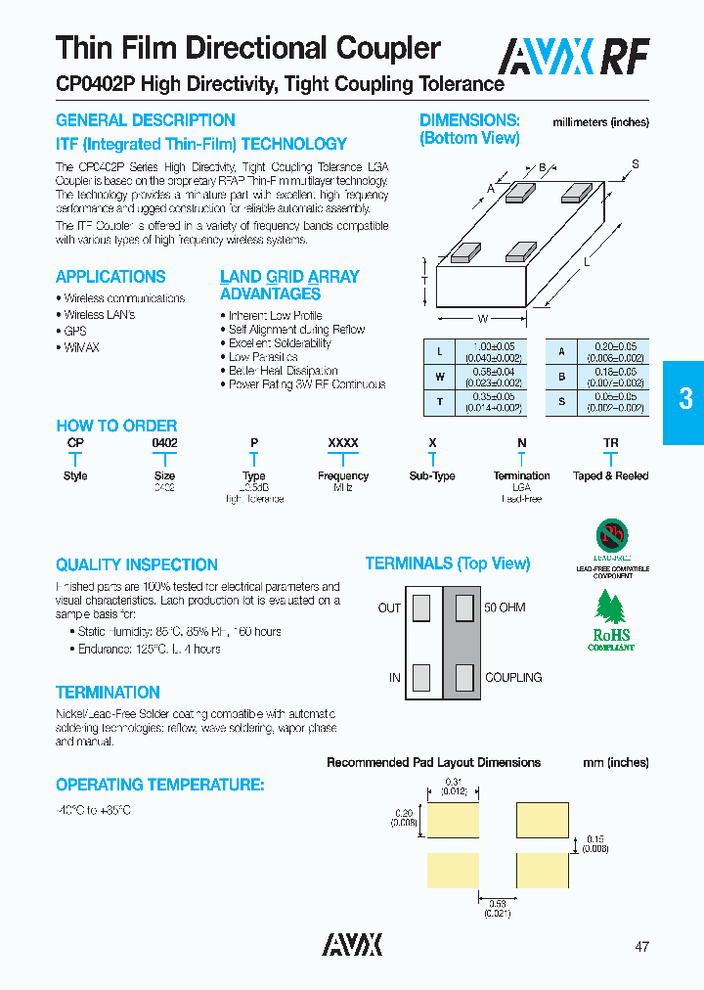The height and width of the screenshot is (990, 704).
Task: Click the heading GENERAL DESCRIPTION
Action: [145, 120]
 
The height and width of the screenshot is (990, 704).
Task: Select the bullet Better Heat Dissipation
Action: [283, 371]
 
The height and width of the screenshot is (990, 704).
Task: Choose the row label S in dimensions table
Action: [561, 401]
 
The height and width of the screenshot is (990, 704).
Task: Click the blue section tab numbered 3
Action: [685, 399]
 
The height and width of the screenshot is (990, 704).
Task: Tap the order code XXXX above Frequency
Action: [342, 443]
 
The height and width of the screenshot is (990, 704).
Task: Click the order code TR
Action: [610, 443]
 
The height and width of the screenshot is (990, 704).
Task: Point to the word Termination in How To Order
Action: [521, 475]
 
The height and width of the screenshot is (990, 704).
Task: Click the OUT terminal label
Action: [389, 607]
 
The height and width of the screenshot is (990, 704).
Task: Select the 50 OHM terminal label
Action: [505, 607]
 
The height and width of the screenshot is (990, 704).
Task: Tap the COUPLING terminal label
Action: [513, 677]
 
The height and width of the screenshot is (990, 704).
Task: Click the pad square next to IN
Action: [421, 677]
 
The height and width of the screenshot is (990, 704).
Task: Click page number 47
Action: [641, 946]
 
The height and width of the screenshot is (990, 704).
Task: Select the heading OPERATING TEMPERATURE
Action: [159, 785]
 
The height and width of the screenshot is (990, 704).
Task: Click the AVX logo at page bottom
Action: [352, 944]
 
